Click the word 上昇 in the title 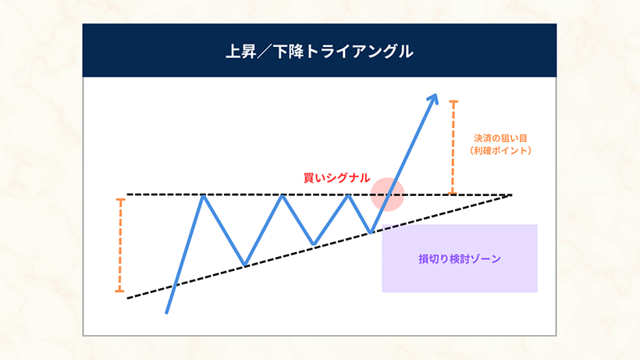(238, 52)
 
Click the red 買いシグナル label (336, 178)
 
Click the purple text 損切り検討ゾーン (459, 258)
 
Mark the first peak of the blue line (204, 195)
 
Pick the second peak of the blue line (283, 195)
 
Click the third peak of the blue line (349, 195)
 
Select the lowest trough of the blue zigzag (244, 265)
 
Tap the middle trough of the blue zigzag (314, 245)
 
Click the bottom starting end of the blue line (167, 312)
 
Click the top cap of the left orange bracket (119, 199)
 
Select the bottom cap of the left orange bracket (119, 291)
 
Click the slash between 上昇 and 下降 (263, 52)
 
